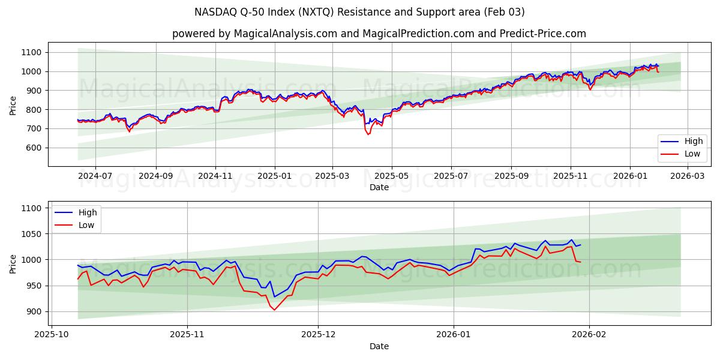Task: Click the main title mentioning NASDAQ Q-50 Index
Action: point(360,12)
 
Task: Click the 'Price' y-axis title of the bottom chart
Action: point(13,263)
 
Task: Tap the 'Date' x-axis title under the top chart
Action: point(379,187)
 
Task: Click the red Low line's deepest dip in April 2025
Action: point(368,134)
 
